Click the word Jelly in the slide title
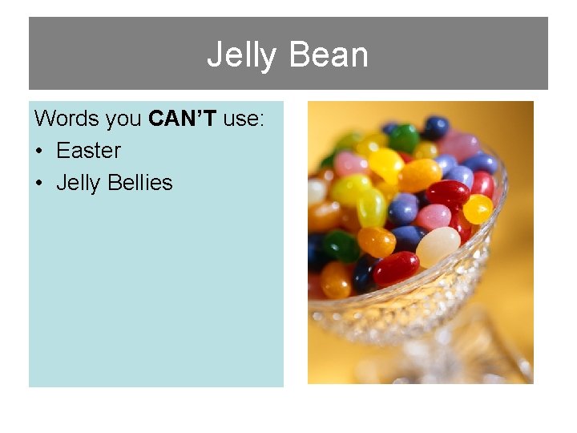tap(241, 55)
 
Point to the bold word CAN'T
tap(183, 119)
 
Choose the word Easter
tap(88, 151)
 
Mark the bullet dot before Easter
tap(39, 152)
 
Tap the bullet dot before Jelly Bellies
tap(39, 184)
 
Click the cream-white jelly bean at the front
tap(438, 246)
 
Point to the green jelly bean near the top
tap(404, 138)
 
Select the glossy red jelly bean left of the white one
tap(396, 268)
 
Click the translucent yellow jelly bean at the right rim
tap(478, 209)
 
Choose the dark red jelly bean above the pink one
tap(446, 193)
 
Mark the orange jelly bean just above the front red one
tap(376, 241)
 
